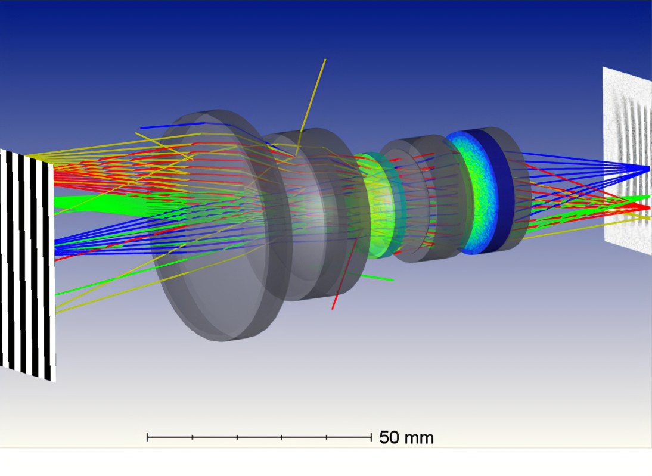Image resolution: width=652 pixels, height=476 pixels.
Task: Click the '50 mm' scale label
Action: click(x=406, y=437)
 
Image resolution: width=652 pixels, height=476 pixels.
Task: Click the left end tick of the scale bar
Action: click(x=148, y=437)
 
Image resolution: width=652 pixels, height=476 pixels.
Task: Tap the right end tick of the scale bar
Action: click(x=371, y=437)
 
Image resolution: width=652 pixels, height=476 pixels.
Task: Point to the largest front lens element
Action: click(x=216, y=226)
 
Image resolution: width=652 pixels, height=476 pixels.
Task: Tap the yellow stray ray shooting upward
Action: click(x=311, y=105)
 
